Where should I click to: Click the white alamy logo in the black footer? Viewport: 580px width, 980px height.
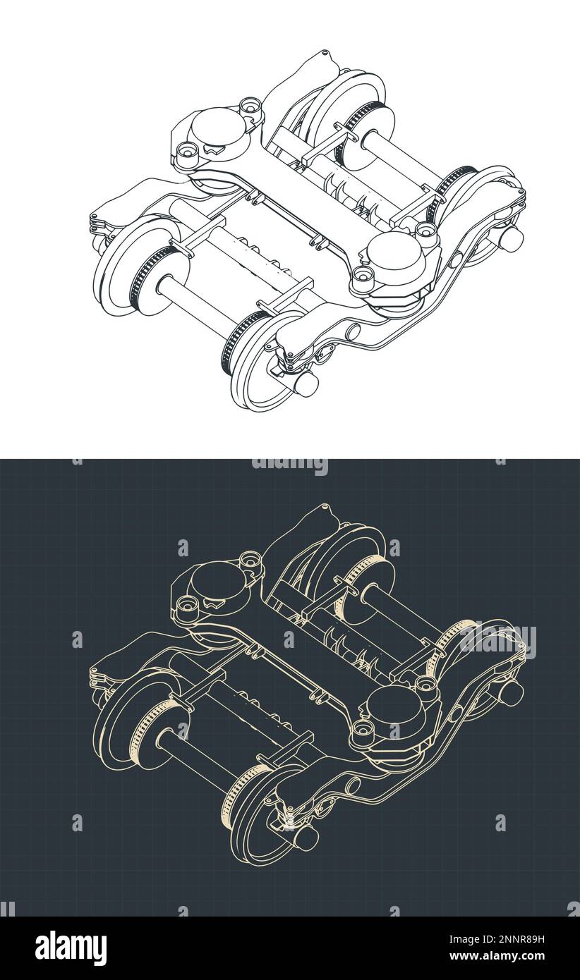[71, 948]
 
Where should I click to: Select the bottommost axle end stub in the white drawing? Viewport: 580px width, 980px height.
[306, 384]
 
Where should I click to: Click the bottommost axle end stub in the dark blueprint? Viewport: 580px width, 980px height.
[306, 838]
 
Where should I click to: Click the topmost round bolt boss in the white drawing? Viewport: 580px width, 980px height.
[250, 106]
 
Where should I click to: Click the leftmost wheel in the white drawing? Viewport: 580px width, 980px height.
[127, 268]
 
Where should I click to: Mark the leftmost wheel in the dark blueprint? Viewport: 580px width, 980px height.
[127, 722]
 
